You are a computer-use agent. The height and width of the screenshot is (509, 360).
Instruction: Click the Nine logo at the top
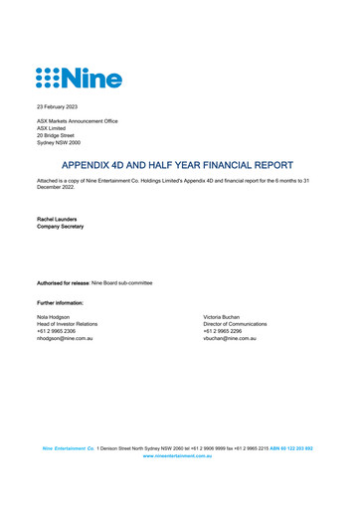pyautogui.click(x=79, y=77)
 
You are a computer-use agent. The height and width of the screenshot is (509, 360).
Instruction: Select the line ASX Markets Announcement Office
pyautogui.click(x=77, y=121)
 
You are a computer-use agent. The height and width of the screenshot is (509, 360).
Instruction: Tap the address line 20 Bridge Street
pyautogui.click(x=58, y=135)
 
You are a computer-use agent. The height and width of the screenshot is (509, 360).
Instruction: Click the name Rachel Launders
pyautogui.click(x=59, y=218)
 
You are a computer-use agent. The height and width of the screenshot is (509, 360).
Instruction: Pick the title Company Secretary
pyautogui.click(x=60, y=226)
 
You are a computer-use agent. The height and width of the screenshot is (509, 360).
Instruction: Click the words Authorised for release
pyautogui.click(x=66, y=283)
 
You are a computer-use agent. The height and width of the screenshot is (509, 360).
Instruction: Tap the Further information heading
pyautogui.click(x=60, y=301)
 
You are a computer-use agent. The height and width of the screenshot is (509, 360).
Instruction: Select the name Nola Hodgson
pyautogui.click(x=54, y=316)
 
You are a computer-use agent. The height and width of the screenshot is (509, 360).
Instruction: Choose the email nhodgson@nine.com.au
pyautogui.click(x=65, y=339)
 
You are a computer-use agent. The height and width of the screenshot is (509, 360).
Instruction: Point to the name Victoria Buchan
pyautogui.click(x=225, y=316)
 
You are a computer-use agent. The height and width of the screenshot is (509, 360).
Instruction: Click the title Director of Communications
pyautogui.click(x=235, y=324)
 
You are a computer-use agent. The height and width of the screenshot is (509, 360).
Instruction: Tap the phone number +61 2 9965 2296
pyautogui.click(x=224, y=331)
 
